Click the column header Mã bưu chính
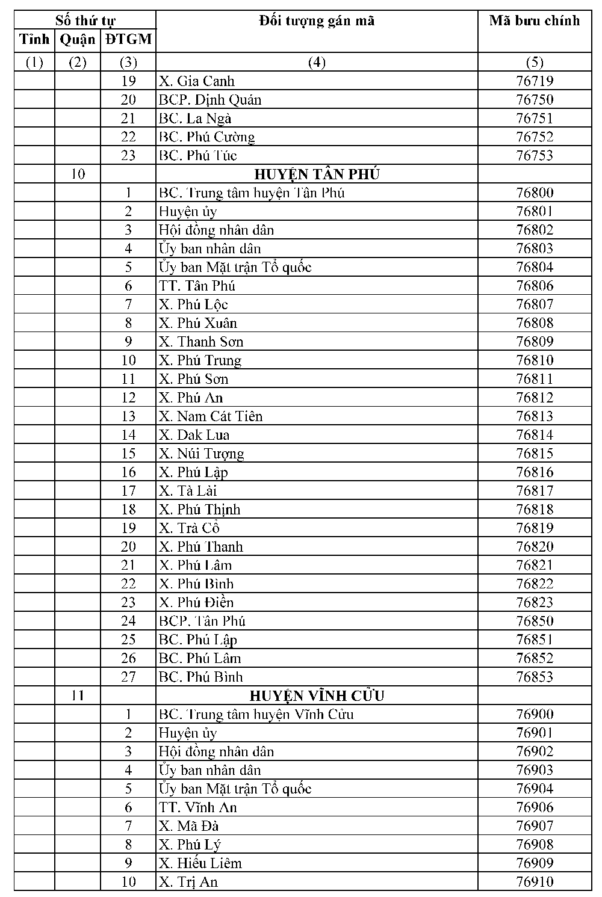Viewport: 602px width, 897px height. pos(534,21)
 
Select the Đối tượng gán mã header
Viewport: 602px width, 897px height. pos(317,21)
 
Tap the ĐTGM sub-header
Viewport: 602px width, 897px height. pos(128,40)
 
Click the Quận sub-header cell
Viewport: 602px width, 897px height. pos(78,40)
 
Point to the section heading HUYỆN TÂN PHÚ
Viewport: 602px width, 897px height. pos(317,174)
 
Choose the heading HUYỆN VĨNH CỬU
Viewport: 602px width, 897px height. pos(317,696)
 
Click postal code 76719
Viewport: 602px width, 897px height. pos(534,81)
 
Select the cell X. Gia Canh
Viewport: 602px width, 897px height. pos(197,81)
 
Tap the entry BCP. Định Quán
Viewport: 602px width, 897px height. pos(210,100)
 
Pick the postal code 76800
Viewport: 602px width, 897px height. pos(534,193)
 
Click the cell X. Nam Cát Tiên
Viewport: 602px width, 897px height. pos(211,416)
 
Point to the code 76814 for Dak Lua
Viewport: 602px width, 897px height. pos(534,435)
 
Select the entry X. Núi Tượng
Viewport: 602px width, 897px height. pos(202,454)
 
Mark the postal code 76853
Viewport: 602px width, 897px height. pos(534,677)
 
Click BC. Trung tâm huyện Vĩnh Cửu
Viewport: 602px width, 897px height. pos(256,715)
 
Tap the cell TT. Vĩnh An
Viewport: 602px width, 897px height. pos(198,807)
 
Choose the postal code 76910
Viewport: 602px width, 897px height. pos(534,882)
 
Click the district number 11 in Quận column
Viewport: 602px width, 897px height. pos(78,696)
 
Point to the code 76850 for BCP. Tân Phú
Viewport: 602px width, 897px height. pos(534,621)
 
